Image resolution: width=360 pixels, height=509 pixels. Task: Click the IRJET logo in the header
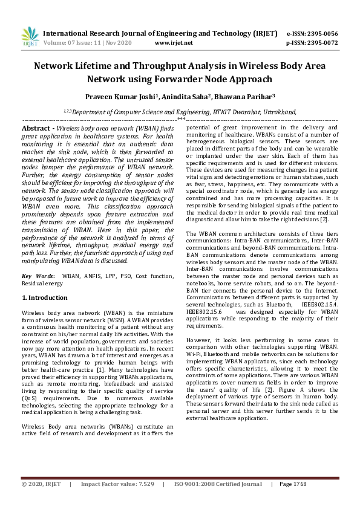tap(30, 37)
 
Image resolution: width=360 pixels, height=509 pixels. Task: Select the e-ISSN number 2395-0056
tap(321, 33)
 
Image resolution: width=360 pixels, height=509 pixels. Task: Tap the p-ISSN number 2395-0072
tap(321, 43)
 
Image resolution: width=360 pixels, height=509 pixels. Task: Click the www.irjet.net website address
tap(174, 43)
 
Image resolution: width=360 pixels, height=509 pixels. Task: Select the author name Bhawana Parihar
tap(244, 96)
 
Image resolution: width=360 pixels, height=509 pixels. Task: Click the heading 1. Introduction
tap(45, 298)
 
